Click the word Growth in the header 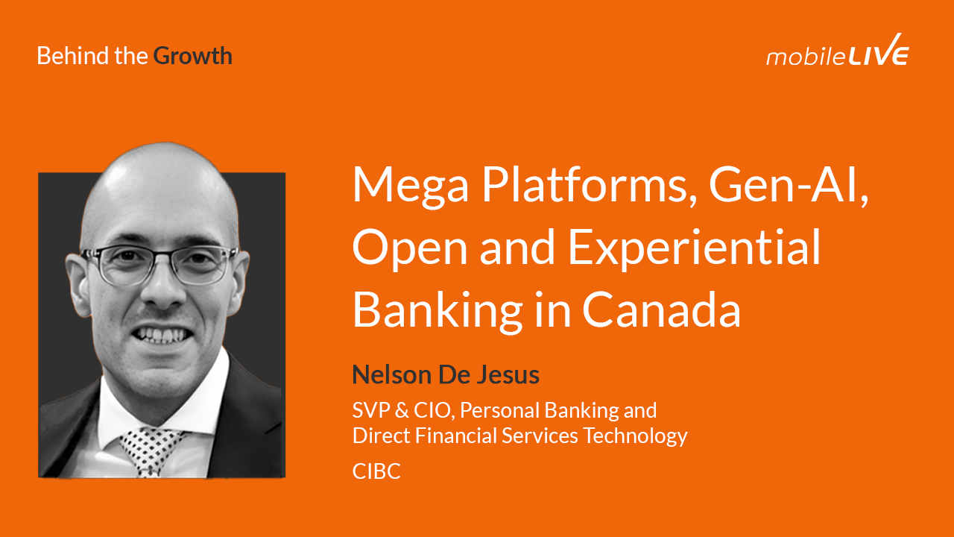pos(192,56)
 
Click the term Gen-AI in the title pos(791,185)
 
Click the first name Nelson pos(392,374)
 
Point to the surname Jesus pos(511,374)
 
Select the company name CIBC pos(376,471)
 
